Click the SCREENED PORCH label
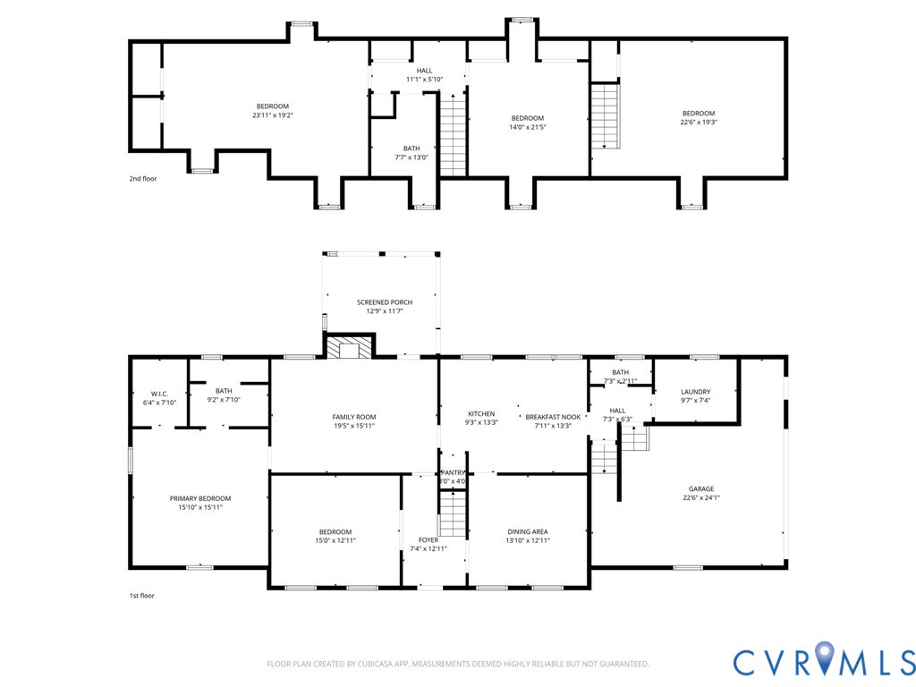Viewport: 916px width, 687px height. [385, 302]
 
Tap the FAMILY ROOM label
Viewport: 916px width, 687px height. [354, 417]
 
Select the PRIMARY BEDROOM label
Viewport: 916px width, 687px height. [200, 498]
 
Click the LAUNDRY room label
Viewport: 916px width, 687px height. [695, 392]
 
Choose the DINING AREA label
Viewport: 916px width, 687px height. [527, 530]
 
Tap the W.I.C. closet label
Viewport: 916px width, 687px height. [159, 394]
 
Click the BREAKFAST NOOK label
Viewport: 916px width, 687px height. [553, 417]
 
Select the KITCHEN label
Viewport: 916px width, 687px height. [481, 414]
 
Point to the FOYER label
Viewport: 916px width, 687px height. [428, 539]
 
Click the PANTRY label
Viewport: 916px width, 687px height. [453, 472]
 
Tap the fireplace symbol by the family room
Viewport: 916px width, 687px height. [349, 346]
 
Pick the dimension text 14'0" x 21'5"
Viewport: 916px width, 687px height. [527, 127]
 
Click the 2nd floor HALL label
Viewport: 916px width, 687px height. [424, 71]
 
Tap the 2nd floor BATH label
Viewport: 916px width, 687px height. [411, 148]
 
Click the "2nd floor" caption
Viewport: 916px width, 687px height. [142, 178]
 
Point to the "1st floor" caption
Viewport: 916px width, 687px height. [141, 595]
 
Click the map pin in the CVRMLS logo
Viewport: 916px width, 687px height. [824, 658]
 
